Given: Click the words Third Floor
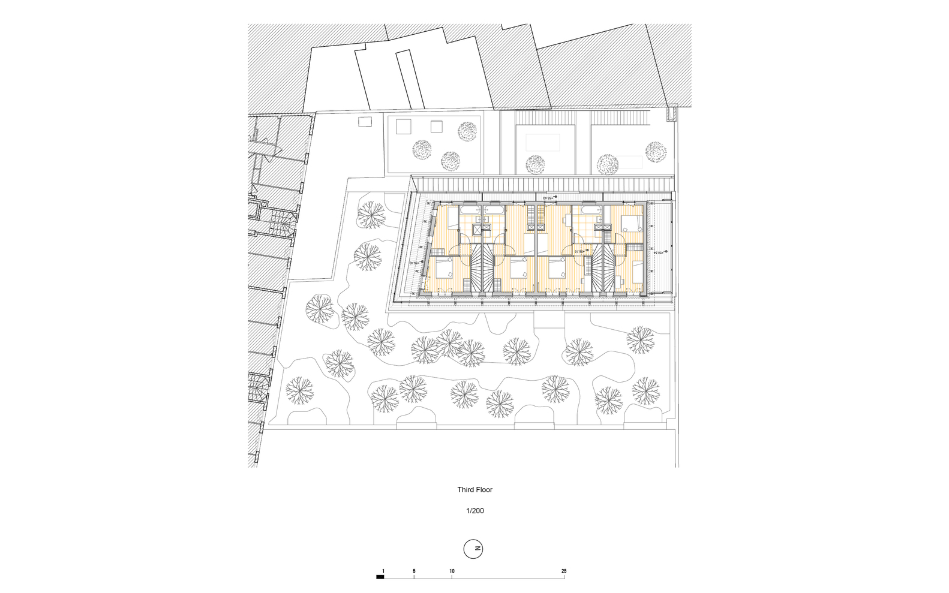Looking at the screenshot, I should click(x=474, y=490).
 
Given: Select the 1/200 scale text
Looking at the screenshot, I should click(x=474, y=511).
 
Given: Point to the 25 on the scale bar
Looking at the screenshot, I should click(x=564, y=571).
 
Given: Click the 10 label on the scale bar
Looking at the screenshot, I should click(x=452, y=571).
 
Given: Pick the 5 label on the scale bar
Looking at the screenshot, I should click(x=414, y=571).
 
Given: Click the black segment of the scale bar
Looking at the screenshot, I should click(x=380, y=577).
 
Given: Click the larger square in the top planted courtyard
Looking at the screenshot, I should click(x=401, y=126).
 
